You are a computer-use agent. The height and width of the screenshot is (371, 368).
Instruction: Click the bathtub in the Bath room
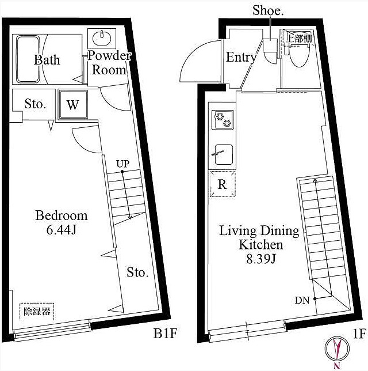pos(28,59)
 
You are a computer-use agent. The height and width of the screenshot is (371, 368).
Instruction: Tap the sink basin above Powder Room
pos(102,39)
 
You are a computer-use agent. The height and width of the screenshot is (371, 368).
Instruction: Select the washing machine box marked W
pos(73,104)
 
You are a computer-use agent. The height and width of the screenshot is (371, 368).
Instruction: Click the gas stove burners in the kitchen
pos(223,119)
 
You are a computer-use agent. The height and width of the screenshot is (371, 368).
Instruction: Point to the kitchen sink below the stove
pos(224,154)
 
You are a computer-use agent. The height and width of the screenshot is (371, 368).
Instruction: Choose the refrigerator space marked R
pos(223,184)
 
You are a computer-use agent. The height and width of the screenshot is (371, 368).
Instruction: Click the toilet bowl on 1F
pos(299,56)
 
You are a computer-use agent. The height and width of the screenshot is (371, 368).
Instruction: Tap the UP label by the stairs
pos(123,164)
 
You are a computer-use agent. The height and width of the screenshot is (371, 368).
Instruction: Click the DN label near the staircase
pos(302,301)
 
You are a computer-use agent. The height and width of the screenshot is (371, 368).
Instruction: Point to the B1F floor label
pos(165,334)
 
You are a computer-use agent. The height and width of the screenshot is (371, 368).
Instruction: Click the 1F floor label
pos(359,334)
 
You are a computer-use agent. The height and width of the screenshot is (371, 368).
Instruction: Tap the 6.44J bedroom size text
pos(62,230)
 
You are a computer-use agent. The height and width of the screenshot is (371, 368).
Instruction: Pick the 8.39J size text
pos(260,259)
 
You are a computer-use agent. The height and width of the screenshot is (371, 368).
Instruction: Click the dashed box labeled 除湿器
pos(37,312)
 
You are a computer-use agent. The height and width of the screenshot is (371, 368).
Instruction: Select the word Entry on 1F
pos(241,58)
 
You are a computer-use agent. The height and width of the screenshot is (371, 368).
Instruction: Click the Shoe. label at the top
pos(268,10)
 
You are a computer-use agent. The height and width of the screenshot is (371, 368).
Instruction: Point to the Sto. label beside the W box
pos(35,104)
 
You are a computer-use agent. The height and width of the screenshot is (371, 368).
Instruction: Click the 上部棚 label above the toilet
pos(299,39)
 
